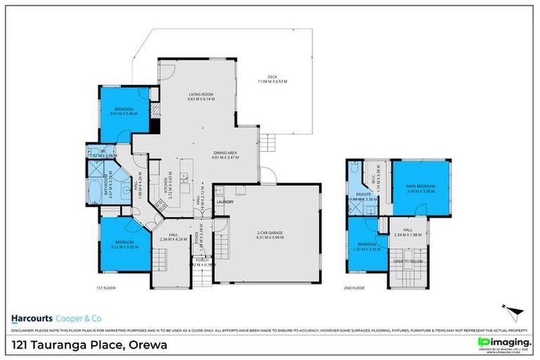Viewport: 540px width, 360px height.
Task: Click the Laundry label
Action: (225, 202)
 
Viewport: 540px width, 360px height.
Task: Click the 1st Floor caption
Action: (105, 288)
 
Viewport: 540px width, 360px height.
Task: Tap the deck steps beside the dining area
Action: (266, 144)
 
